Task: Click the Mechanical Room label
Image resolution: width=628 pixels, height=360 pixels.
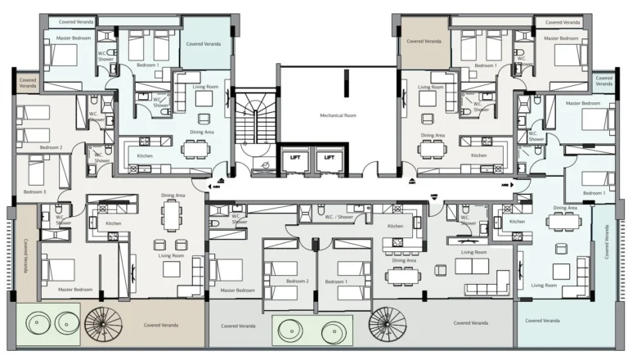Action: point(338,115)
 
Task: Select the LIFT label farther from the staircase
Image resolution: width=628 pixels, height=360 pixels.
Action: point(330,158)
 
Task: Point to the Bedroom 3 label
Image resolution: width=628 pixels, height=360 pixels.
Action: point(34,191)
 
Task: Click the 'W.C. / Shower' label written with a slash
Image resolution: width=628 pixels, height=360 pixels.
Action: point(339,217)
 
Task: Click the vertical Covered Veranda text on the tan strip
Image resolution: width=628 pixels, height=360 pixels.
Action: point(25,256)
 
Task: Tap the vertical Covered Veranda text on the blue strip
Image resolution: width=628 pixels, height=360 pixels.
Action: point(606,242)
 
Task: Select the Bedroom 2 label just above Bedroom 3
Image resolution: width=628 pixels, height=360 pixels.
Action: point(51,148)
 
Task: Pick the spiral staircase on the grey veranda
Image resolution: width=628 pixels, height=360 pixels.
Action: point(387,325)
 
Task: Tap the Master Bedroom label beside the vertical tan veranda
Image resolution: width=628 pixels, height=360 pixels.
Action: point(75,289)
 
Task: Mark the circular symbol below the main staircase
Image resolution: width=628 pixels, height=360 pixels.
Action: point(265,164)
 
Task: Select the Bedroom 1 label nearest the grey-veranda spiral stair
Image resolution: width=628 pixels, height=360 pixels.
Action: point(335,281)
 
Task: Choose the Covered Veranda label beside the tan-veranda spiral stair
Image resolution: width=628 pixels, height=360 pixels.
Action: point(163,325)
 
